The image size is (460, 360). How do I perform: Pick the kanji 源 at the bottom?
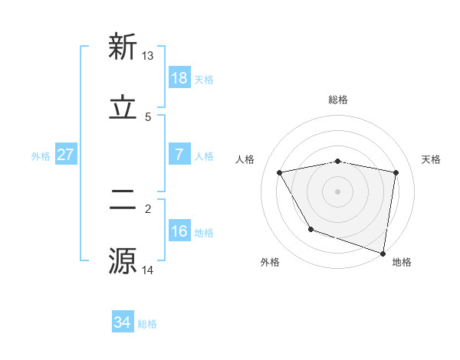(123, 260)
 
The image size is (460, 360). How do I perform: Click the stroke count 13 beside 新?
(148, 56)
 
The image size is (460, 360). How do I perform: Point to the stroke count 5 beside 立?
(148, 117)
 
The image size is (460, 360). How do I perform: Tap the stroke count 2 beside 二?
(148, 208)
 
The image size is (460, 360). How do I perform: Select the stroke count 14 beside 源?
(148, 270)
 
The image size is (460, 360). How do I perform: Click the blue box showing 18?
(179, 78)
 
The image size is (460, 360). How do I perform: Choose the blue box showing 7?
(179, 155)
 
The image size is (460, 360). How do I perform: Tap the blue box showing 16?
(179, 231)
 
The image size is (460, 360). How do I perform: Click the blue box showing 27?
(65, 155)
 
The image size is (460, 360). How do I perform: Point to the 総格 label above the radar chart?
(338, 100)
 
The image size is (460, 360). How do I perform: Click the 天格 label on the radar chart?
(432, 159)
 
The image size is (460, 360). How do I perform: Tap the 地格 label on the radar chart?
(402, 262)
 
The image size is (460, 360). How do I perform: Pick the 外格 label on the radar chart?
(270, 262)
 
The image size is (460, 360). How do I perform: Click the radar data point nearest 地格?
(383, 253)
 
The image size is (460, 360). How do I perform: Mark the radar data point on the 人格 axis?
(280, 172)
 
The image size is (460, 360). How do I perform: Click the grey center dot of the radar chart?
(338, 191)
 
